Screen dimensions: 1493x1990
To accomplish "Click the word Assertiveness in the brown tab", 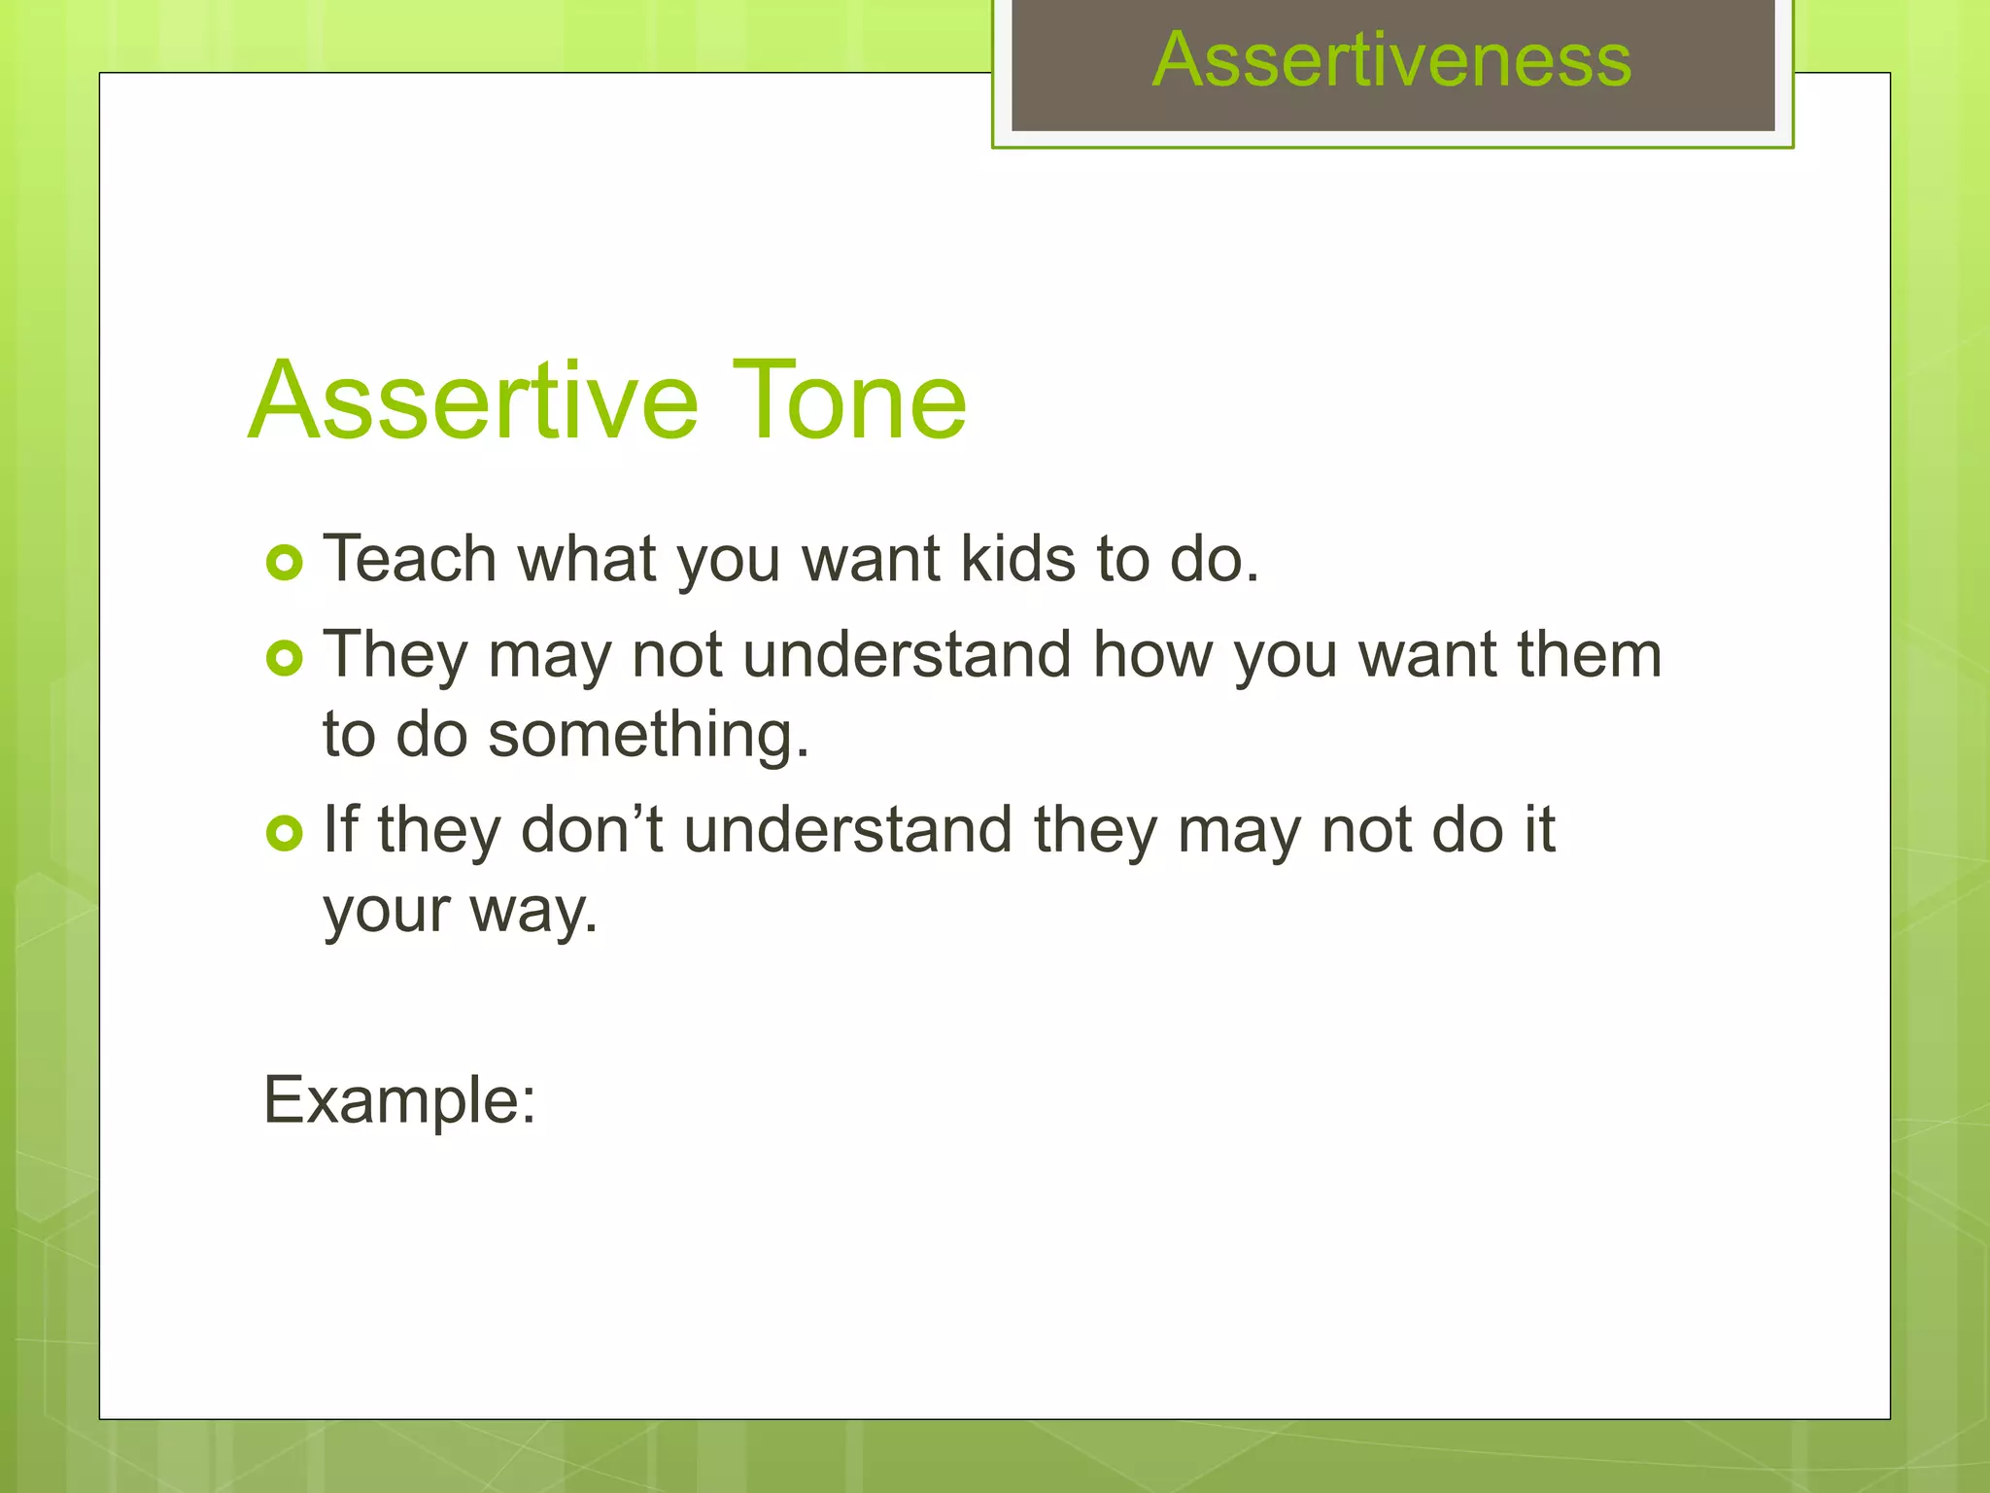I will coord(1391,60).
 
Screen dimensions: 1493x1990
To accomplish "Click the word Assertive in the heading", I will coord(473,400).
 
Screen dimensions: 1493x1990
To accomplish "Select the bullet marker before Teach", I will coord(285,563).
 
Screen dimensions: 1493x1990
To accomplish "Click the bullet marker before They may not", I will coord(285,659).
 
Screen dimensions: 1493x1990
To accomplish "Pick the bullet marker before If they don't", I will coord(285,833).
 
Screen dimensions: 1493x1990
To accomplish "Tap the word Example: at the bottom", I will coord(399,1101).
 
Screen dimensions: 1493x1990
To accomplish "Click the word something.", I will coord(648,735).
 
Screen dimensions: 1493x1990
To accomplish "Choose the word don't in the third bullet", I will coord(593,830).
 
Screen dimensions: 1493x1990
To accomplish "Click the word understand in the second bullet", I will coord(908,655).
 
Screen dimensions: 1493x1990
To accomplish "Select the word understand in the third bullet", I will coord(848,830).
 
